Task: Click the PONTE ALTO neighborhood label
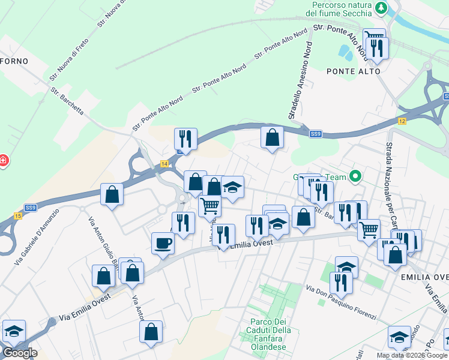354,71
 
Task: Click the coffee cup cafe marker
163,243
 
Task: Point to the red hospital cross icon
3,161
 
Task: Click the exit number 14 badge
164,163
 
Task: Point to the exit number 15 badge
18,215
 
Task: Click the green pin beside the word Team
355,176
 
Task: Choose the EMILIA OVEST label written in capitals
424,277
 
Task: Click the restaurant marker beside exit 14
185,139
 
